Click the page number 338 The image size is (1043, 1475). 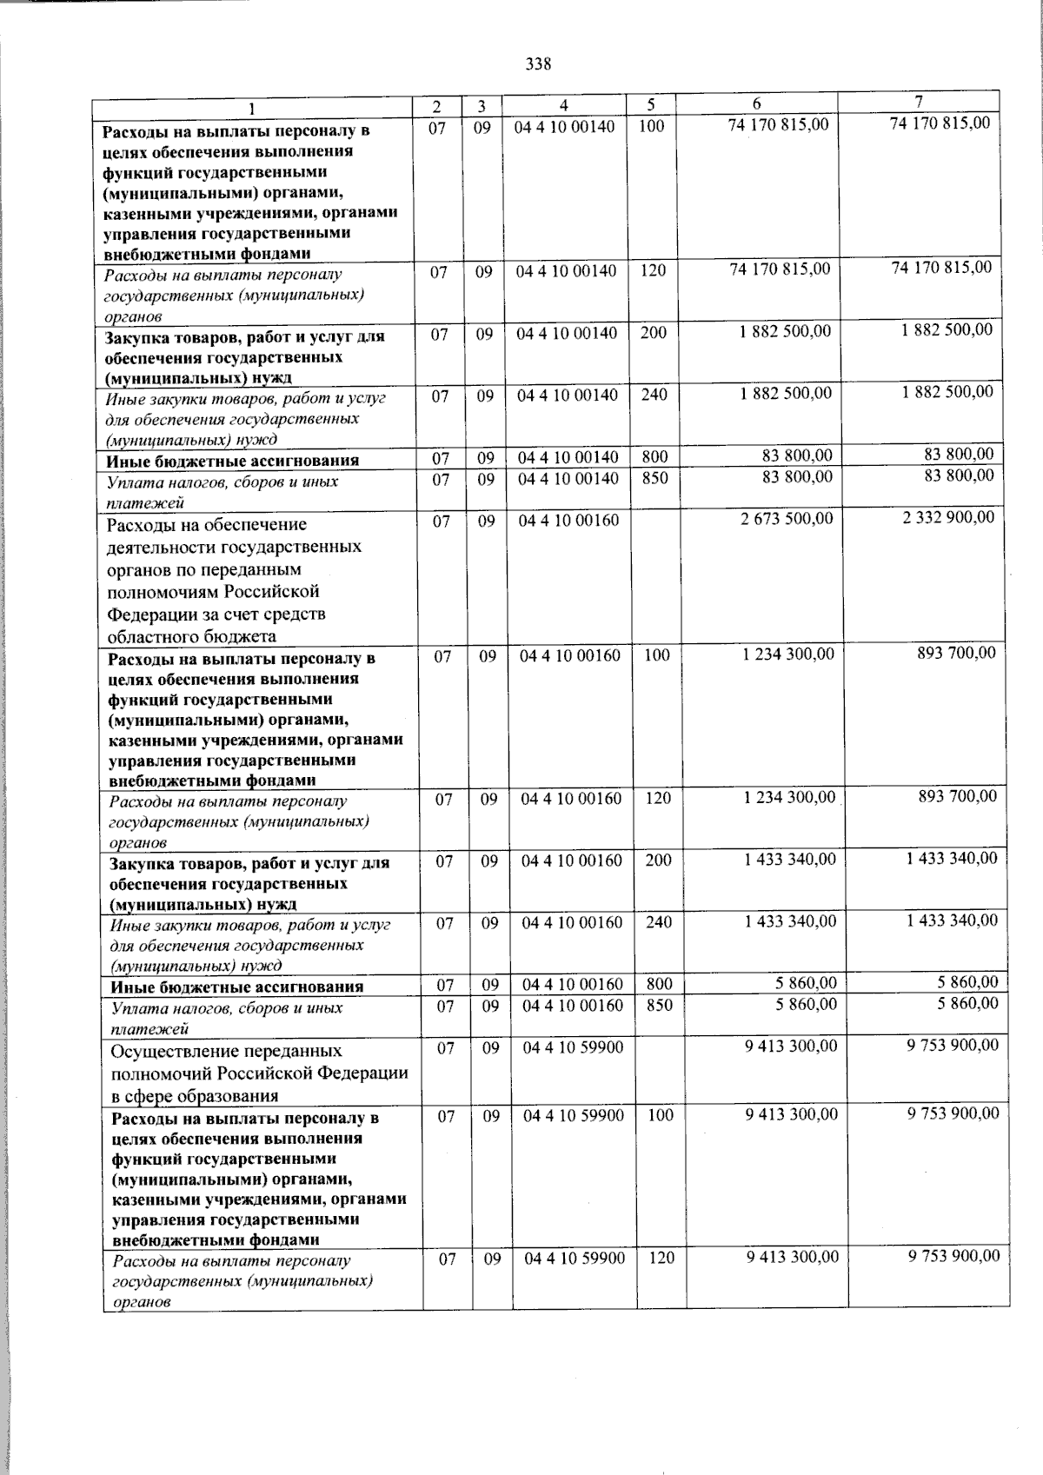538,63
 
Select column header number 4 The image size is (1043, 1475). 564,105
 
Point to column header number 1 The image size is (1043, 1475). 252,108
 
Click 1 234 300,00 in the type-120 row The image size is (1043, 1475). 789,797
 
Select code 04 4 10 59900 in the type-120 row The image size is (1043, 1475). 574,1258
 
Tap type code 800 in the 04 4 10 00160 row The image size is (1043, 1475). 659,985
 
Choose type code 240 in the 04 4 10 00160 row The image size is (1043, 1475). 659,922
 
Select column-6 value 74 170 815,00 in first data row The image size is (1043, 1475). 780,125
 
